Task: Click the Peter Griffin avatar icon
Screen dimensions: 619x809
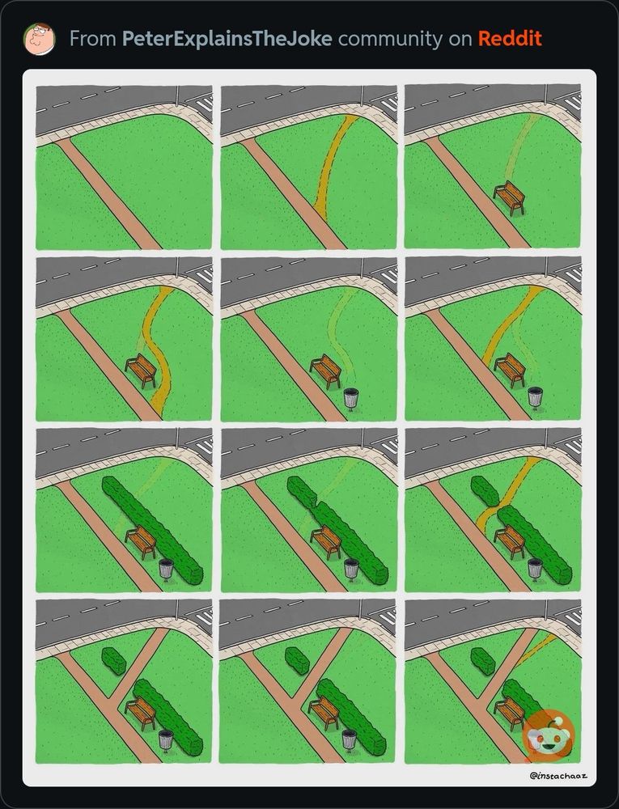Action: click(x=39, y=39)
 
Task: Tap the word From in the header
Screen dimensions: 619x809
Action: click(x=93, y=39)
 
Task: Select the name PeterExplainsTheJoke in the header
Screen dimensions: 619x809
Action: click(x=227, y=39)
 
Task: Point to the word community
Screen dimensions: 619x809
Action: click(x=390, y=39)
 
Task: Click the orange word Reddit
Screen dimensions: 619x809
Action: click(x=510, y=39)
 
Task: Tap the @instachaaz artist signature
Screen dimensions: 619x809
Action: click(x=558, y=776)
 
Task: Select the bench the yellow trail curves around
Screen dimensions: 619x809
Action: click(x=141, y=371)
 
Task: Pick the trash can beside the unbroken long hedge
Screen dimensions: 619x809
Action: click(x=166, y=570)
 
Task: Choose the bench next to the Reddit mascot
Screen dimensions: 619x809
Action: click(x=510, y=714)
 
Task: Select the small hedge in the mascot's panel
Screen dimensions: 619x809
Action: click(x=483, y=661)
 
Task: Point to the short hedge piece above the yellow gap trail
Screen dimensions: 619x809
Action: click(x=485, y=491)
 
